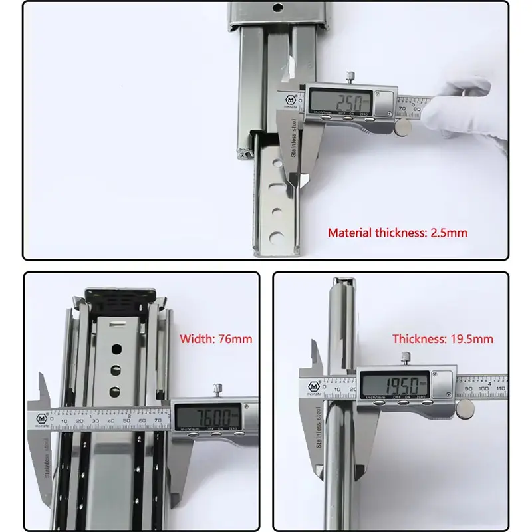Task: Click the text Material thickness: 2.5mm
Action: pos(397,233)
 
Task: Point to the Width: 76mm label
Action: pos(216,338)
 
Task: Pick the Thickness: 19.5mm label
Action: pos(443,338)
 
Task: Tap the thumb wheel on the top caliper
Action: pos(403,128)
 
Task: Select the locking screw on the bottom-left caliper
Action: pos(216,390)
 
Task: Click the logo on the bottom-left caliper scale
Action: pos(43,419)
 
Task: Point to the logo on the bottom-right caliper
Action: pos(313,386)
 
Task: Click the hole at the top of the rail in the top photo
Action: pos(277,9)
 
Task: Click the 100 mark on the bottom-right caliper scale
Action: pos(483,388)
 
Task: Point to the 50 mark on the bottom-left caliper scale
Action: pos(126,421)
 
